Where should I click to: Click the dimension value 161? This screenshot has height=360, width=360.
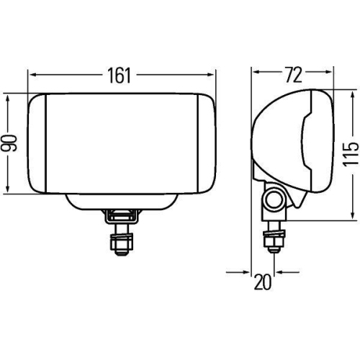pyautogui.click(x=122, y=74)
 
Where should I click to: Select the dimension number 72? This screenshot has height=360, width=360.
pyautogui.click(x=293, y=74)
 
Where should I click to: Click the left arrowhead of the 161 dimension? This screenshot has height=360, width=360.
pyautogui.click(x=32, y=73)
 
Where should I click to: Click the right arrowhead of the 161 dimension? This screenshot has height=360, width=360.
pyautogui.click(x=212, y=73)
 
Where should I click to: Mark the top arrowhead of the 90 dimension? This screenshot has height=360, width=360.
pyautogui.click(x=9, y=96)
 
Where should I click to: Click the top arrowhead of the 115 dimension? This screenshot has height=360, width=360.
pyautogui.click(x=351, y=96)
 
